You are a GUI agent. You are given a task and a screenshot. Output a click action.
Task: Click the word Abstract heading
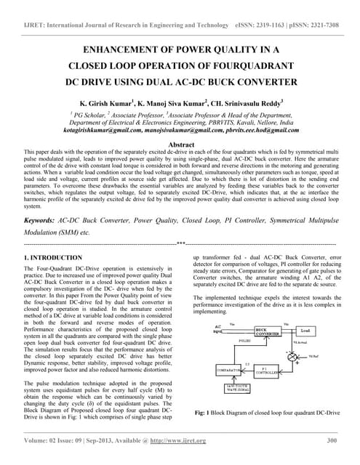(180, 145)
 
